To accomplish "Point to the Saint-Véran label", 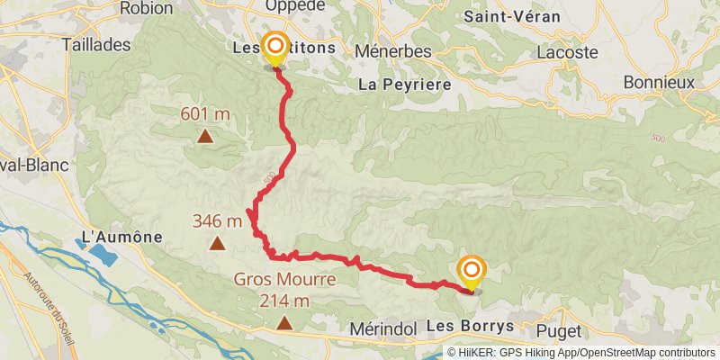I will (x=512, y=17).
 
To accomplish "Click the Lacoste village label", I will (x=567, y=52).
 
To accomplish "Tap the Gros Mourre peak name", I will (x=284, y=280).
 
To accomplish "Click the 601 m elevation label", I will (x=206, y=114).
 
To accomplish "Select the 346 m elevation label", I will (x=217, y=220).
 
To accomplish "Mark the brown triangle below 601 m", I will (x=206, y=137).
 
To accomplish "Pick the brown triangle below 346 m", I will (x=217, y=243).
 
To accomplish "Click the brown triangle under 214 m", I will (x=284, y=322).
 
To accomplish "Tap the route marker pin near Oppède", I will (x=274, y=47).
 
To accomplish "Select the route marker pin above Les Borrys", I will (x=472, y=271).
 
